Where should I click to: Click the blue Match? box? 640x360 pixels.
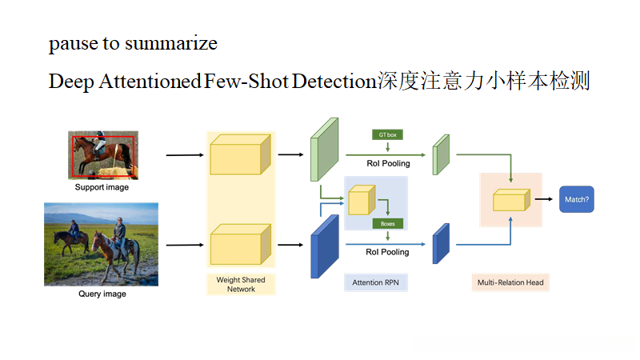[576, 198]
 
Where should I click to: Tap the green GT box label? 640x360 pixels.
[386, 135]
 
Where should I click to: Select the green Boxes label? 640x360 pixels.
[386, 223]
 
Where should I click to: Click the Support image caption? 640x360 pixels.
[102, 187]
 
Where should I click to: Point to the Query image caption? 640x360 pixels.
[102, 294]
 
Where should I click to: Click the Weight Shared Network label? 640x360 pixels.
[241, 284]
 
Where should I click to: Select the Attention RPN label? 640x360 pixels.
[375, 282]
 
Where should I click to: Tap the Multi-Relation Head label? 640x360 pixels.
[510, 282]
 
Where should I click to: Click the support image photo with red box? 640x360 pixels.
[103, 155]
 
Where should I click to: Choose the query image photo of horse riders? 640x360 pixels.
[101, 244]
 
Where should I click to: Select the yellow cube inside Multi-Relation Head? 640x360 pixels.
[510, 200]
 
